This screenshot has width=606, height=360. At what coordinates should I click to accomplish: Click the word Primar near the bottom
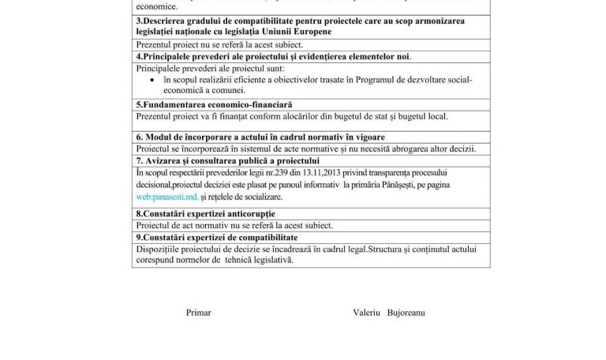point(197,313)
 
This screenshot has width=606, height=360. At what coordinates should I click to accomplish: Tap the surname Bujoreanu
point(406,313)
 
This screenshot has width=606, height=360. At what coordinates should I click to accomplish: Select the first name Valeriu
point(367,313)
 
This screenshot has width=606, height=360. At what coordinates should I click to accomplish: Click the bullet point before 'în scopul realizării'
point(151,81)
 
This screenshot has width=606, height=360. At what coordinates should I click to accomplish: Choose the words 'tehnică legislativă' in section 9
point(259,261)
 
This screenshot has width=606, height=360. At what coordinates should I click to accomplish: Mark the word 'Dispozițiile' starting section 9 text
point(160,249)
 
